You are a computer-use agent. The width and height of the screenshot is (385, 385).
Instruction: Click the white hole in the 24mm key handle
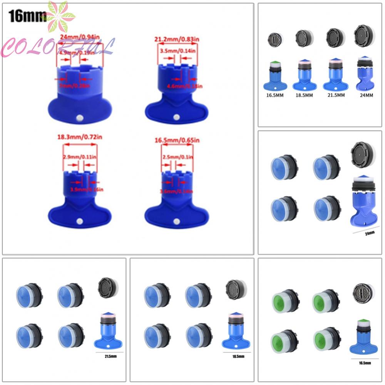click(80, 117)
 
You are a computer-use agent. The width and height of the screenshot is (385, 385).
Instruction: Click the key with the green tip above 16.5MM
click(274, 75)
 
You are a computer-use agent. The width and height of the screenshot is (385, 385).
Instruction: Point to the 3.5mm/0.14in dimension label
click(176, 50)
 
